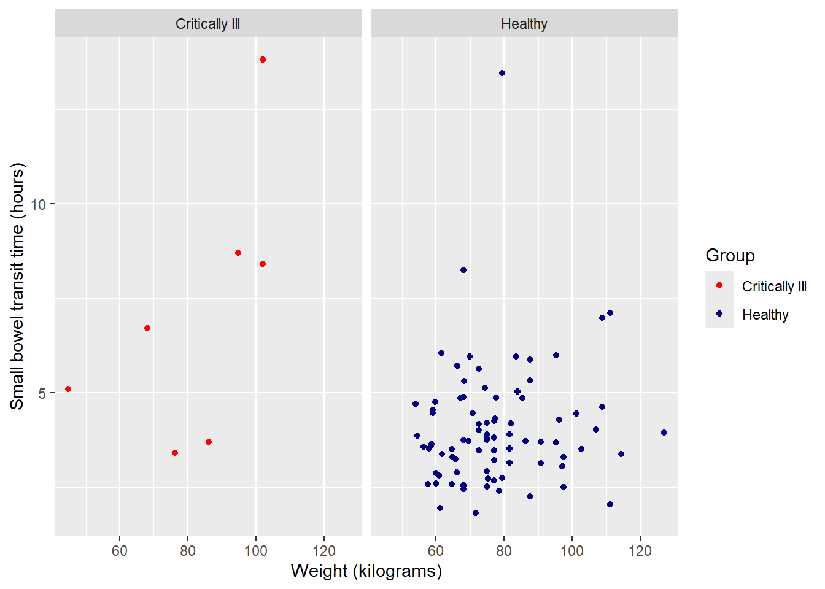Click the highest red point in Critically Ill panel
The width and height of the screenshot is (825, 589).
(263, 60)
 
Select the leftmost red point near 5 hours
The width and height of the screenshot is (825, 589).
(68, 389)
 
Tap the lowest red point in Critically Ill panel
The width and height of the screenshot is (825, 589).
(175, 453)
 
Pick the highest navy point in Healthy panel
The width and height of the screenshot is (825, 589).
(502, 73)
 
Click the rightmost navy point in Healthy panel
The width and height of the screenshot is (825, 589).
(664, 433)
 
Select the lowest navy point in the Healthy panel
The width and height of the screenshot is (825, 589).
(476, 513)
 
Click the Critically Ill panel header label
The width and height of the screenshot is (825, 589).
(207, 24)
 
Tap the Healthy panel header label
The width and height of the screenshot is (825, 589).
(524, 24)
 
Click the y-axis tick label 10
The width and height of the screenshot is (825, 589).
(38, 204)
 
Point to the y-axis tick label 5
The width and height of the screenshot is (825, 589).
(42, 393)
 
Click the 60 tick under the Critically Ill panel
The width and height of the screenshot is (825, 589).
(120, 550)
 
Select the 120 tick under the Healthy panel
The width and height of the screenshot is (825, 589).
(640, 550)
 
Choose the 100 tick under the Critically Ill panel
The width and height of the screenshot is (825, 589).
(256, 550)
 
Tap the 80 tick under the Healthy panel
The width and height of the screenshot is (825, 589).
(504, 550)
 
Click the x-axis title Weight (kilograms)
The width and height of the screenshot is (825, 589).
(366, 571)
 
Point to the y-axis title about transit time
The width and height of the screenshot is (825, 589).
(17, 286)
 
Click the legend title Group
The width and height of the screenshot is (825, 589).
(730, 255)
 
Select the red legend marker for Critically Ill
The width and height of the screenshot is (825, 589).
(719, 285)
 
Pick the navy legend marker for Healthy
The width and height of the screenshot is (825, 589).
(719, 314)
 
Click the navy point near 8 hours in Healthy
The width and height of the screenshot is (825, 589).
(463, 270)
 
